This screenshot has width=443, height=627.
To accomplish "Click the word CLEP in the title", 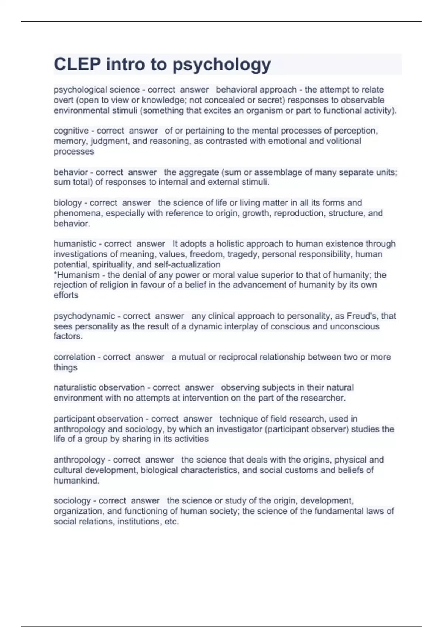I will tap(77, 65).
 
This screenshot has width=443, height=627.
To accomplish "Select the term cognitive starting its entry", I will tap(71, 131).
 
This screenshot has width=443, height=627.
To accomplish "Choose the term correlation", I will tap(74, 357).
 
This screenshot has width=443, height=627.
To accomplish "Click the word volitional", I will tap(341, 141).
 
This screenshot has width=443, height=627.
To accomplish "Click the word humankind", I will tap(76, 481).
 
